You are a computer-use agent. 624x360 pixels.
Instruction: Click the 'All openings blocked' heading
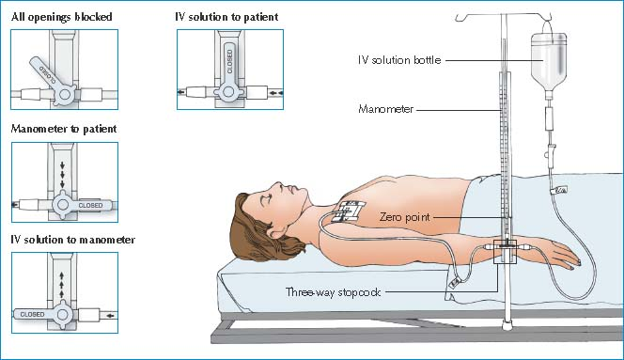point(62,17)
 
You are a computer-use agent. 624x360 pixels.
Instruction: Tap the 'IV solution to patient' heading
point(226,17)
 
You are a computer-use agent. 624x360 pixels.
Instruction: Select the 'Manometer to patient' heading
point(64,129)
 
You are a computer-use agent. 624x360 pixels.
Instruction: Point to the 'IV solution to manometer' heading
point(72,240)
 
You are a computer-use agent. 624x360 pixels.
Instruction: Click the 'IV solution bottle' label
point(399,60)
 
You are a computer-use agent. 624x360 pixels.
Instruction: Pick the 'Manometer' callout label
point(385,109)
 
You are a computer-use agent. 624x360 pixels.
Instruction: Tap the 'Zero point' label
point(405,217)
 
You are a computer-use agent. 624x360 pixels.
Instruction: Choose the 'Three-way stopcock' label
point(333,292)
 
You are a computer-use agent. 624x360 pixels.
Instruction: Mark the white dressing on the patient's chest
point(351,211)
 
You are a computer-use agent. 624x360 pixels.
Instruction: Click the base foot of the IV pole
point(507,325)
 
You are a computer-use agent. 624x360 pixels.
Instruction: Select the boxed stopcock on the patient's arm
point(505,252)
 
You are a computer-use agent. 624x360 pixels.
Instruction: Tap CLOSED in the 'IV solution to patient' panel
point(229,62)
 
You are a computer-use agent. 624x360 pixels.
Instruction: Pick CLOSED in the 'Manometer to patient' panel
point(90,206)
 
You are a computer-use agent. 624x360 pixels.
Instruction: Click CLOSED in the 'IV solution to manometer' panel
point(32,315)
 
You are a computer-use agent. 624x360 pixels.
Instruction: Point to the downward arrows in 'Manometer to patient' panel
point(62,175)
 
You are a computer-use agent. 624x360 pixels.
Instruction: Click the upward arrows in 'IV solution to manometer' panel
point(62,285)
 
